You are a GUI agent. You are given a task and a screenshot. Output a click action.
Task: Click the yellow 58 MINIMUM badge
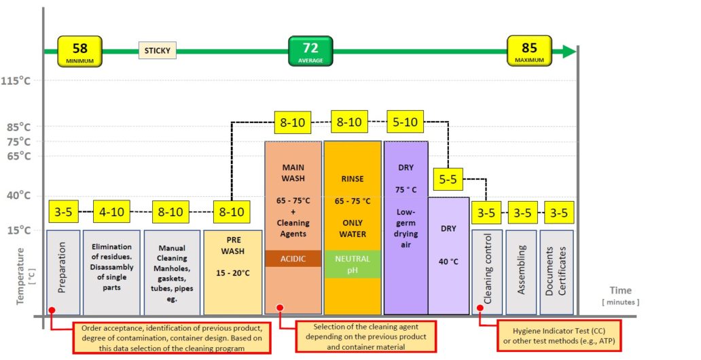tap(79, 52)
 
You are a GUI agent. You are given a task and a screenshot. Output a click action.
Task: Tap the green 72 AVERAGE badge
tap(310, 51)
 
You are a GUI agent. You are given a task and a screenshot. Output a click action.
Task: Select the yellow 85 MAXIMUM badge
tap(529, 51)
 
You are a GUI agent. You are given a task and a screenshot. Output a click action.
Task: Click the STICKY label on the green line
tap(158, 50)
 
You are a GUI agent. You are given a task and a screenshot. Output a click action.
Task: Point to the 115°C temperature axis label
tap(16, 81)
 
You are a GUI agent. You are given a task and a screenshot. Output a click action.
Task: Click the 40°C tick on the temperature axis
tap(18, 196)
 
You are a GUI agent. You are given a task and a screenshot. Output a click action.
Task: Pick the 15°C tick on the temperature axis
tap(18, 230)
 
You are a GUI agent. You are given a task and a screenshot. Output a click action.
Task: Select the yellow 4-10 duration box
tap(111, 211)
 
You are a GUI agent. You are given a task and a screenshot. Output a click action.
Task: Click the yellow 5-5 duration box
tap(448, 179)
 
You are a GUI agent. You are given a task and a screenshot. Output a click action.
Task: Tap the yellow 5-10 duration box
tap(405, 122)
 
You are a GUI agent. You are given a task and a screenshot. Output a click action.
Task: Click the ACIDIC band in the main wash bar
tap(293, 259)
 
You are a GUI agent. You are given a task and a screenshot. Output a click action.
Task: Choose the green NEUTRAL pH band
tap(353, 264)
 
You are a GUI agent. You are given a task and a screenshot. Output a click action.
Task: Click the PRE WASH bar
tap(233, 272)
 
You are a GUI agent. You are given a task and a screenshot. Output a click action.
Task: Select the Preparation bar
tap(63, 272)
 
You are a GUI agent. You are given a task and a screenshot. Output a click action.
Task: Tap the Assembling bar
tap(521, 272)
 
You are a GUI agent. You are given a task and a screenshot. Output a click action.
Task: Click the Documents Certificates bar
tap(556, 272)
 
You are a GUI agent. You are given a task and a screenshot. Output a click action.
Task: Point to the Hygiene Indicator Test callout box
tap(559, 336)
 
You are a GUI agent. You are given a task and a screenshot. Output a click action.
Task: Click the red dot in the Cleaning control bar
tap(480, 308)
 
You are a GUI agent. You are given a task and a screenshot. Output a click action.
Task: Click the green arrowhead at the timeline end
tap(569, 52)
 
